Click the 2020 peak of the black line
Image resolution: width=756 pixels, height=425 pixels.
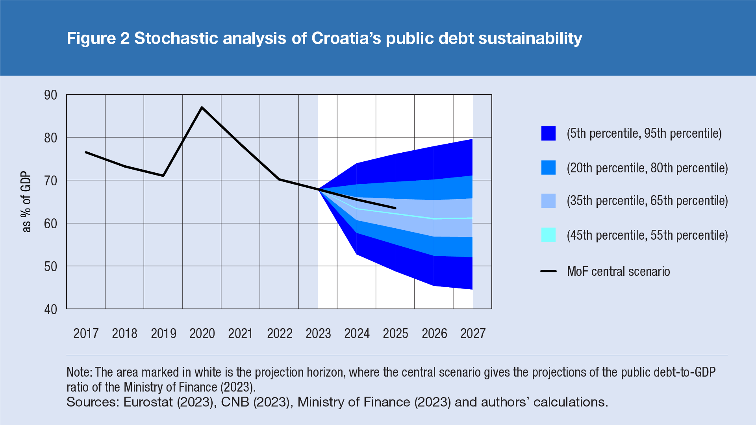click(x=202, y=107)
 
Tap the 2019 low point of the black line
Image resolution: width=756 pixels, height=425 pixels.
click(x=163, y=176)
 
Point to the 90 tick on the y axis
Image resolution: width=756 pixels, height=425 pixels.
click(x=51, y=95)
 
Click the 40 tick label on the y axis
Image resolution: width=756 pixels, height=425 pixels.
click(x=51, y=309)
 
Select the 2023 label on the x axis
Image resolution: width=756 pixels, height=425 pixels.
click(x=318, y=334)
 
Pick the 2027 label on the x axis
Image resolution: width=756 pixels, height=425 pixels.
click(x=473, y=334)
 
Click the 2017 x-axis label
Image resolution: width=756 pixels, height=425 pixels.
click(x=86, y=334)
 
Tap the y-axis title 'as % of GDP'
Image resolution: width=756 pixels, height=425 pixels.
click(x=26, y=201)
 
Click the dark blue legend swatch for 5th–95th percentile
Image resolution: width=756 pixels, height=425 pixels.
click(x=548, y=133)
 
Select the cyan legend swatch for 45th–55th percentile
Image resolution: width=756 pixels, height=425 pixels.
click(x=548, y=235)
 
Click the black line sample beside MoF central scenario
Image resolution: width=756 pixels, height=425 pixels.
click(x=548, y=271)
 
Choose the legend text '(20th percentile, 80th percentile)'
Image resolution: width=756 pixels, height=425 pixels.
click(x=647, y=168)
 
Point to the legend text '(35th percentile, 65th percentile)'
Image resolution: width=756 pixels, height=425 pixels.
click(x=647, y=201)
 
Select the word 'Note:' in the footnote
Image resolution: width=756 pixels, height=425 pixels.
click(x=79, y=372)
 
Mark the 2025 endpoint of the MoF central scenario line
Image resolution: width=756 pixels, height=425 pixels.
click(x=395, y=208)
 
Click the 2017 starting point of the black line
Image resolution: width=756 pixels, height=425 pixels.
click(x=86, y=152)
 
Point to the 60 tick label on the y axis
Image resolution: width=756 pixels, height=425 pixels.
click(x=51, y=224)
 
